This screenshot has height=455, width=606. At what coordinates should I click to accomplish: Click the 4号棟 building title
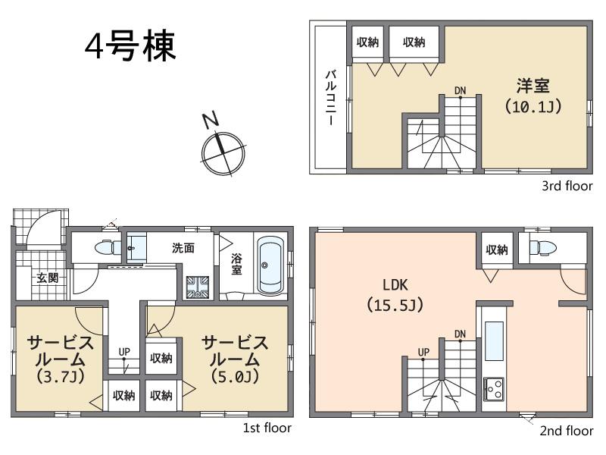tap(130, 46)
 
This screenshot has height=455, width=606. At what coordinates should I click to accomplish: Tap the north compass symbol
tap(221, 150)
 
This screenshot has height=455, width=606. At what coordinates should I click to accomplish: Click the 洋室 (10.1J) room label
tap(533, 95)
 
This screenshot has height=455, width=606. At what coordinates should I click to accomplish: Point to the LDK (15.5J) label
tap(395, 296)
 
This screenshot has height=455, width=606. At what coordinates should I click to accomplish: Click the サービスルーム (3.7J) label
tap(61, 359)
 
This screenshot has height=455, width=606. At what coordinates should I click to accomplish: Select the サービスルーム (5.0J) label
tap(234, 359)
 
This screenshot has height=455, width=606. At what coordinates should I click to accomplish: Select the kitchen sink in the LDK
tap(493, 344)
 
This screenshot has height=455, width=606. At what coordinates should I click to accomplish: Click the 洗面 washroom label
tap(183, 247)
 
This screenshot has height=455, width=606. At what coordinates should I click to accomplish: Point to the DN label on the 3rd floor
tap(460, 91)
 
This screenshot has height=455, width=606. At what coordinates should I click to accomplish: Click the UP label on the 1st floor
tap(123, 352)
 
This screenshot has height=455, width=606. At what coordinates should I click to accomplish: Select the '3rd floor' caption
tap(567, 186)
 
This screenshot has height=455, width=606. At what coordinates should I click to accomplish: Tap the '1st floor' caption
tap(267, 428)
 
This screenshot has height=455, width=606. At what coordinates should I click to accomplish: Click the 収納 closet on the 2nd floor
tap(496, 249)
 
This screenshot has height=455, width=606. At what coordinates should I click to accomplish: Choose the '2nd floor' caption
tap(566, 431)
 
